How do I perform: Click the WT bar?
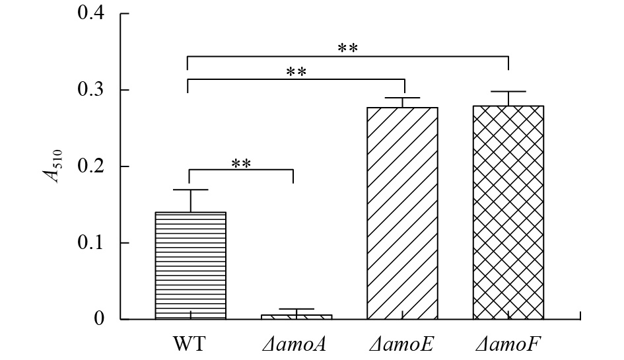(190, 266)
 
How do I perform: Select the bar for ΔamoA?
(296, 316)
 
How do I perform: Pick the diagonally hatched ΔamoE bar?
(403, 213)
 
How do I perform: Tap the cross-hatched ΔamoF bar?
(508, 213)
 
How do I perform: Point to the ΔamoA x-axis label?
(295, 343)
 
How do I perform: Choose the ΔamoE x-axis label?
(402, 343)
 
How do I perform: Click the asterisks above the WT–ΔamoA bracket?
(241, 162)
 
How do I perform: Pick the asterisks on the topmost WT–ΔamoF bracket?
(348, 49)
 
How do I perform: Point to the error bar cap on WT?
(190, 190)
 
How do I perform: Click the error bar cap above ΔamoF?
(508, 91)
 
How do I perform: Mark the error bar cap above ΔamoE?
(403, 98)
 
